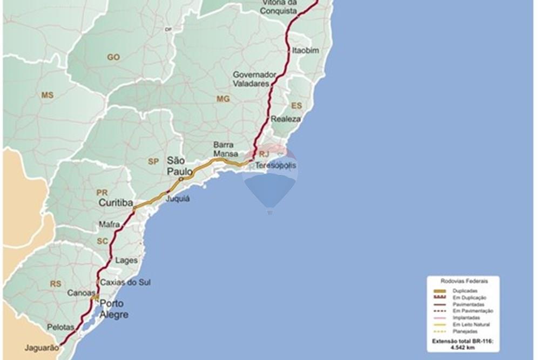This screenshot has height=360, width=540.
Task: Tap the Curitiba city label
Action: (116, 202)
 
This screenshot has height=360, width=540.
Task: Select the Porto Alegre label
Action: (114, 309)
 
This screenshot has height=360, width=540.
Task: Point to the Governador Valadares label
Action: (254, 79)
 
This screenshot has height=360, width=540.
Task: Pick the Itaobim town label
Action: (306, 50)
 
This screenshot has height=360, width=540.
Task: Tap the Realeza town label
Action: (286, 119)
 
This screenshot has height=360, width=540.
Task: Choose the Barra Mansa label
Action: (226, 149)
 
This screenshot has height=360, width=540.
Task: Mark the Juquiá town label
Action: (178, 198)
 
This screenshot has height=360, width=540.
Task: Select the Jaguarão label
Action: (41, 348)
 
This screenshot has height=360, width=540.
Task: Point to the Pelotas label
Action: (60, 327)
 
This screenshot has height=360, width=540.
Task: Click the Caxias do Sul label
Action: (125, 282)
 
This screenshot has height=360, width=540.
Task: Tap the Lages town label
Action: (126, 260)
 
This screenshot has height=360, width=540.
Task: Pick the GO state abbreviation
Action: (113, 57)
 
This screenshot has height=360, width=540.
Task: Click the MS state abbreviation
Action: (48, 95)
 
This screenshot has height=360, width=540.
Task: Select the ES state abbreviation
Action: (296, 105)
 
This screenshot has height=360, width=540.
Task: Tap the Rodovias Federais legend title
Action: (463, 280)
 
